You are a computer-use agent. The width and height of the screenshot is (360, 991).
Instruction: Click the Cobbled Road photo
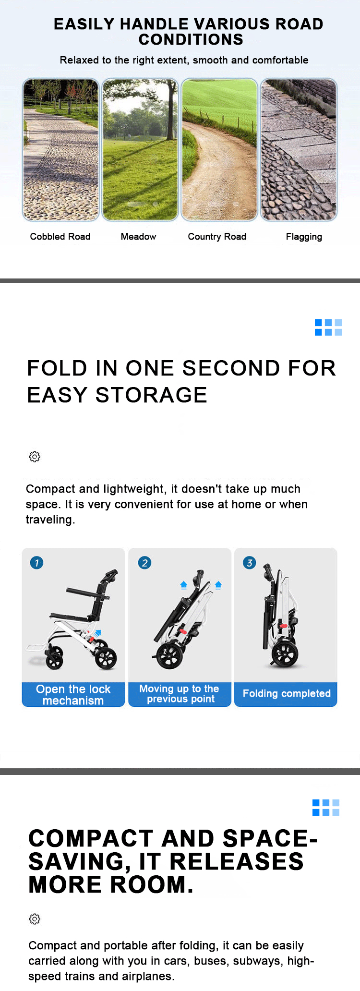click(x=60, y=149)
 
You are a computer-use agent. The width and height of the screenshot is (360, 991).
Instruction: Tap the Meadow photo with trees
click(x=140, y=149)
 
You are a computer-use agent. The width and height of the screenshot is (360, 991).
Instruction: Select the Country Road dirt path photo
click(x=219, y=149)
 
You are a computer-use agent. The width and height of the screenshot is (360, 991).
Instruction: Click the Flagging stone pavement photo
click(x=299, y=149)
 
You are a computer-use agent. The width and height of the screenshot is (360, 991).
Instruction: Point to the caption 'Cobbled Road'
click(x=60, y=237)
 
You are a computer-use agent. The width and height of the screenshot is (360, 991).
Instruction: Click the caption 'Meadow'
click(x=138, y=237)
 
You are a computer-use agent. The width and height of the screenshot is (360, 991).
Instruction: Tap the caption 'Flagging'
click(x=304, y=237)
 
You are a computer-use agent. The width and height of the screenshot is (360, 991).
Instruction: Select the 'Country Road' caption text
click(x=217, y=237)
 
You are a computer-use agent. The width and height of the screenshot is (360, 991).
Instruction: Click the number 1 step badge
click(x=36, y=563)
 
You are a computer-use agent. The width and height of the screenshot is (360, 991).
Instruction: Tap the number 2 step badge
click(x=144, y=563)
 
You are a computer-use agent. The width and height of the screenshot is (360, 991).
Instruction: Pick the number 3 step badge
click(x=250, y=563)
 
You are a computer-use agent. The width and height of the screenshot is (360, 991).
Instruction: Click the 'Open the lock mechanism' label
click(x=73, y=695)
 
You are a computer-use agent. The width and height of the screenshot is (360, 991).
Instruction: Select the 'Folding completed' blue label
click(x=286, y=694)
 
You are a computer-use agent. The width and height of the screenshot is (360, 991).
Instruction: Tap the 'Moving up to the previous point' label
click(x=180, y=694)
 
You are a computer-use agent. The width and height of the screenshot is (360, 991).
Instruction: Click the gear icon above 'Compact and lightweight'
click(x=35, y=457)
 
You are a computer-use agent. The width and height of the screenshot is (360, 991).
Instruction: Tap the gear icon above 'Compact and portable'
click(x=35, y=919)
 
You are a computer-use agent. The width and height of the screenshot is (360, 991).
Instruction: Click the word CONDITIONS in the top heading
click(x=191, y=39)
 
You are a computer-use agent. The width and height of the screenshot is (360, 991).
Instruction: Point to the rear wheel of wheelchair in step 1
click(x=106, y=658)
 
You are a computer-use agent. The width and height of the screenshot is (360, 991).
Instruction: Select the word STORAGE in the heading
click(x=151, y=395)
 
